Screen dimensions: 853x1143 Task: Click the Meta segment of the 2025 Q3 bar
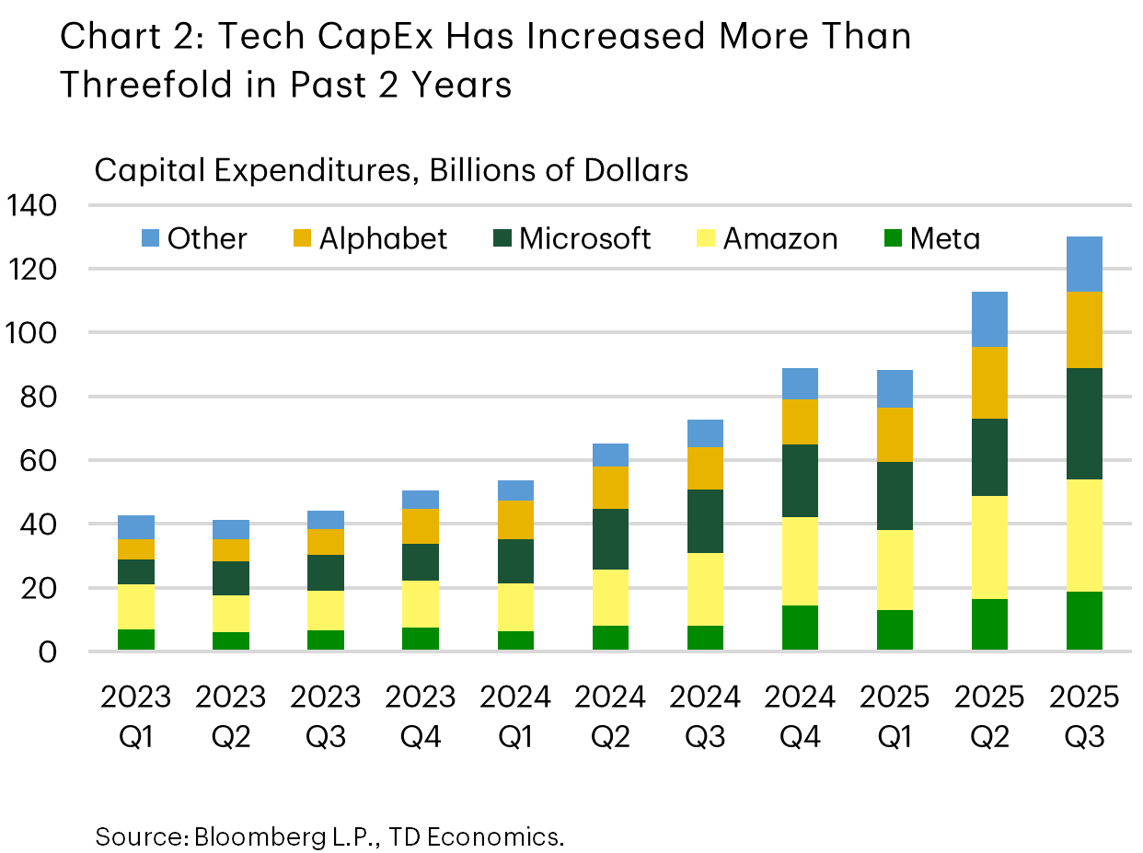1084,620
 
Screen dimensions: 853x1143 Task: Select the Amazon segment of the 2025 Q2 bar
989,547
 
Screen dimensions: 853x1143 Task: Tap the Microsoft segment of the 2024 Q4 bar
800,480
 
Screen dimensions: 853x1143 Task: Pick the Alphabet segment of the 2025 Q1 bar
895,434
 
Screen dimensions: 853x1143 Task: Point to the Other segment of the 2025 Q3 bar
1084,264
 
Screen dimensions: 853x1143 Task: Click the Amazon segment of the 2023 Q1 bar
136,606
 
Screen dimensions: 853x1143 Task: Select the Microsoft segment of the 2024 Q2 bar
610,539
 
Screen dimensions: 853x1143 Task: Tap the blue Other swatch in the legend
150,239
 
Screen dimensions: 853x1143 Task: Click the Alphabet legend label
383,239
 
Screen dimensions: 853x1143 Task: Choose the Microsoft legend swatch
502,239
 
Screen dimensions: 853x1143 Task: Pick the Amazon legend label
780,239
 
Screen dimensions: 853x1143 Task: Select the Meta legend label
945,239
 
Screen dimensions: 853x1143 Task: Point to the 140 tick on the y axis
31,205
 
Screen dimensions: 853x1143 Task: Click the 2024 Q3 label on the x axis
705,716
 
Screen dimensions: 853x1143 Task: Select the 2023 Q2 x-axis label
231,716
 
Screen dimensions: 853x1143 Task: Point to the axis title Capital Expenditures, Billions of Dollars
391,170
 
